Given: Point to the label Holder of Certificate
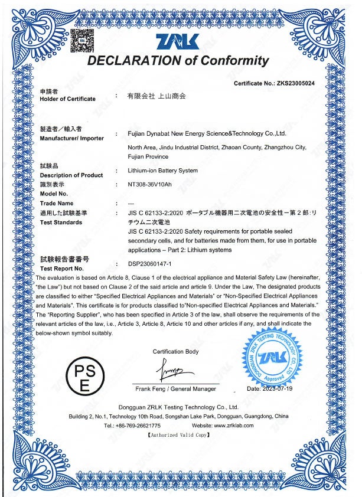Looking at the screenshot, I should coord(67,99).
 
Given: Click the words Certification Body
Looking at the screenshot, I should coord(175,352).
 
